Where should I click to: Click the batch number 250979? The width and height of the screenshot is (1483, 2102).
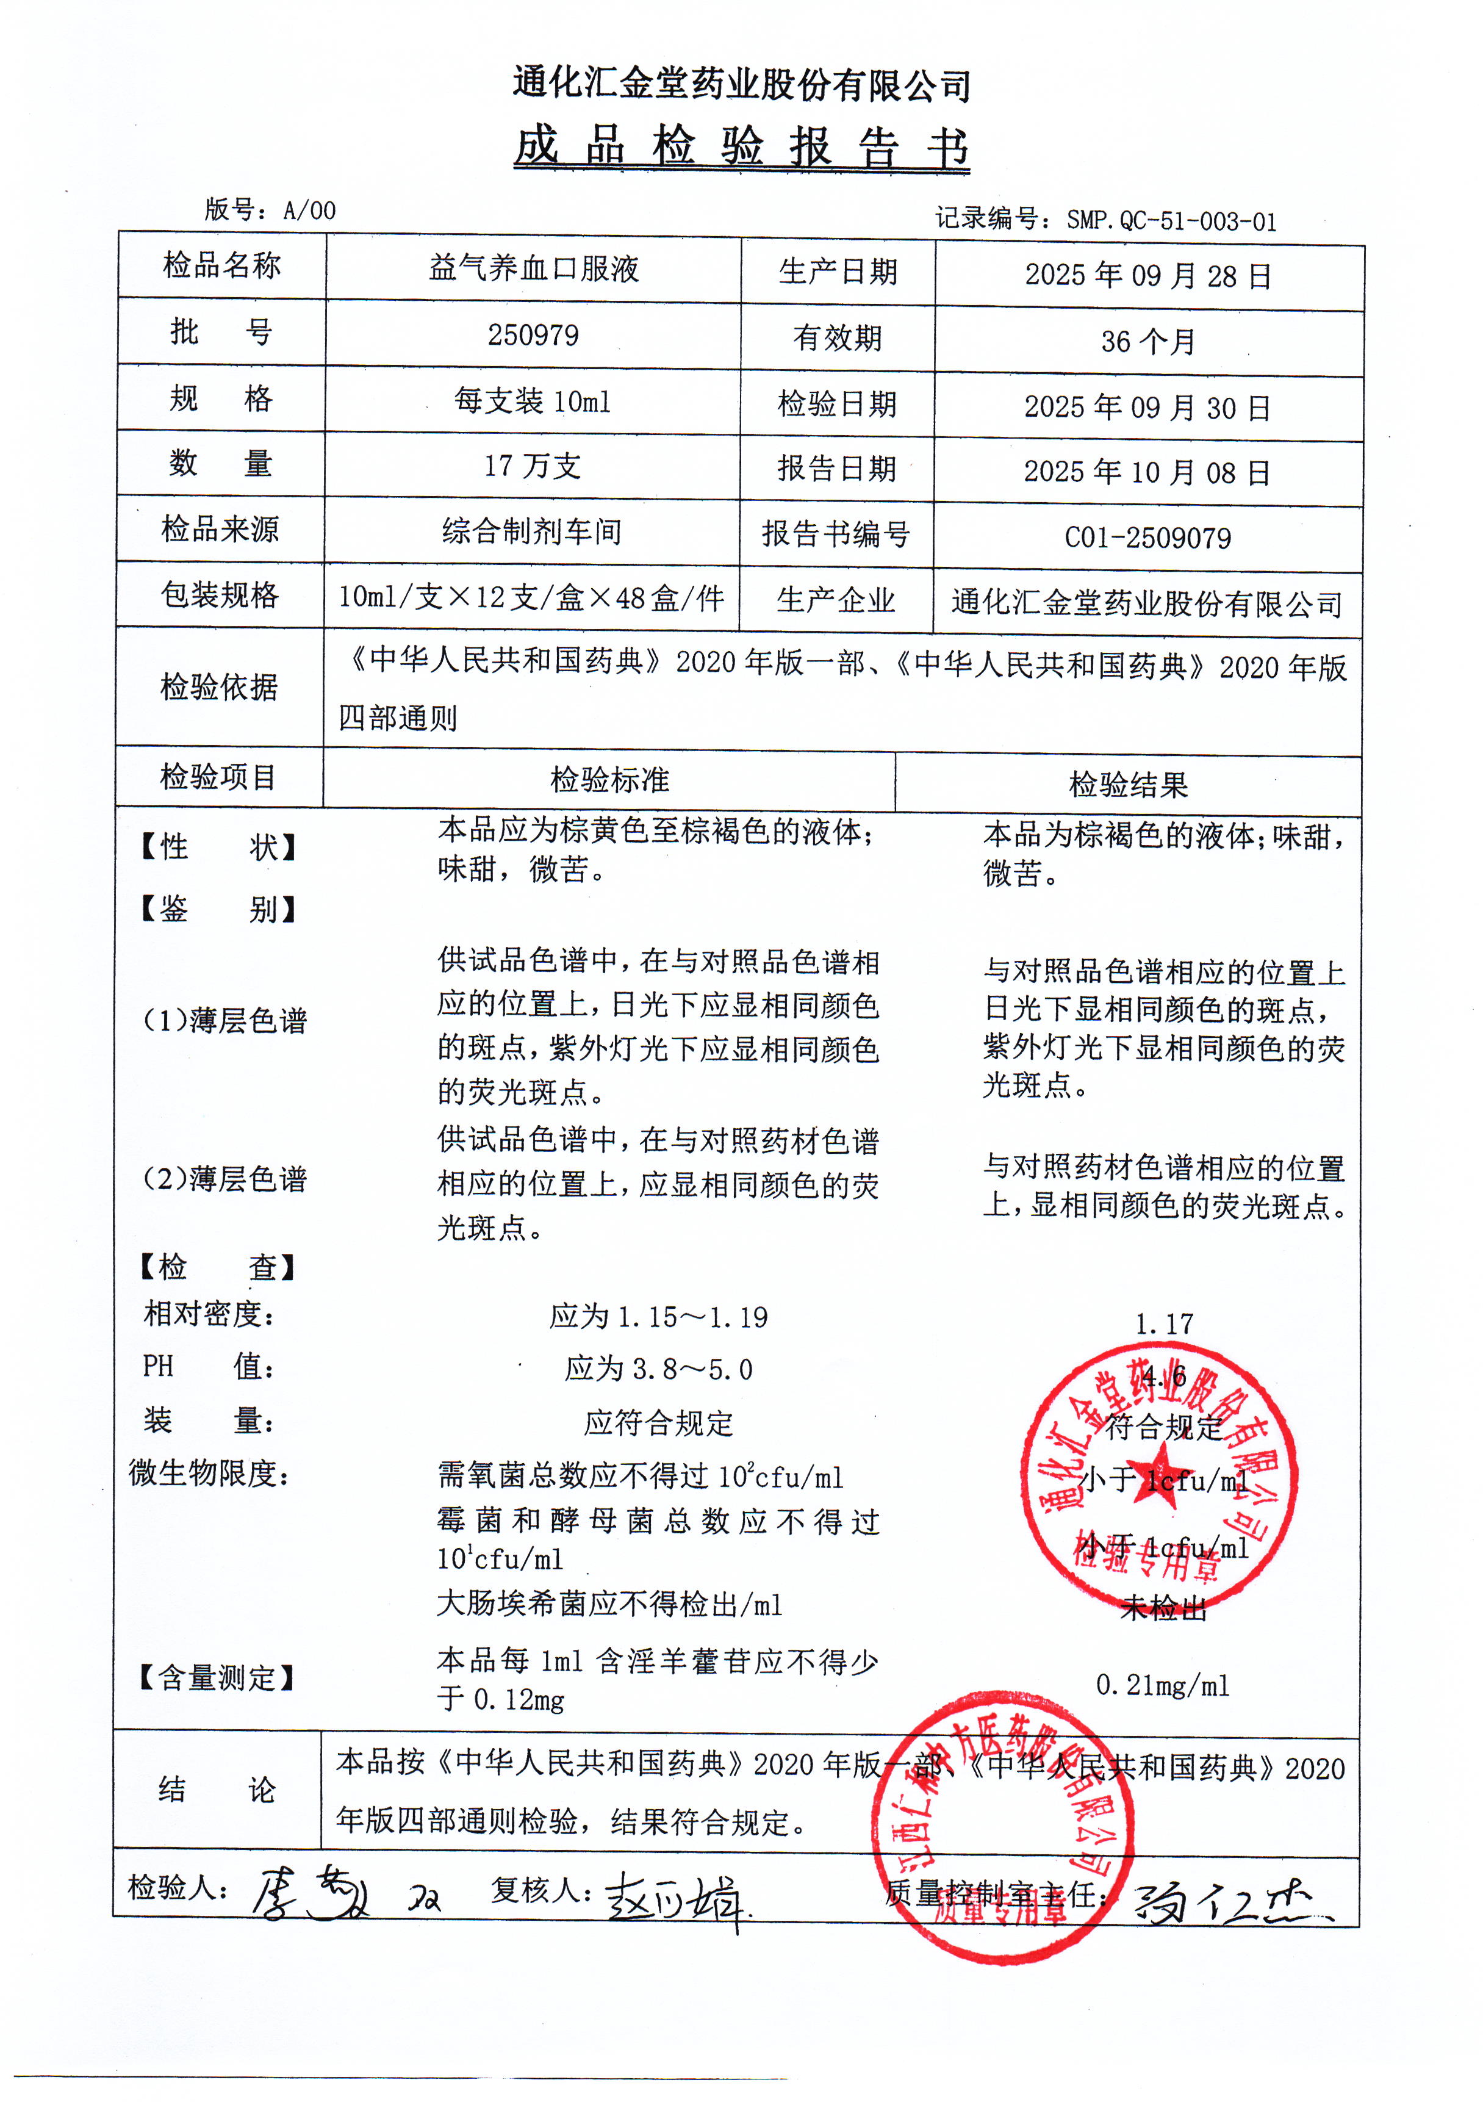coord(533,335)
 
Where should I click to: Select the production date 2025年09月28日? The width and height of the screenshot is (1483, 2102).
coord(1148,275)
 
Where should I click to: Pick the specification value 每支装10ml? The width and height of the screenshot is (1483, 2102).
coord(533,401)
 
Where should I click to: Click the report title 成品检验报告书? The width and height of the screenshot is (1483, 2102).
coord(742,146)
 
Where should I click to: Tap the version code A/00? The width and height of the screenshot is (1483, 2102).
coord(309,211)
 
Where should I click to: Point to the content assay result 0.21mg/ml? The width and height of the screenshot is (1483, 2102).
coord(1163,1685)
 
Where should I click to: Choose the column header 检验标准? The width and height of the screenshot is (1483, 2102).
coord(609,780)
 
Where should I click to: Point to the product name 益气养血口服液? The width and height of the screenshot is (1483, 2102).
coord(533,268)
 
